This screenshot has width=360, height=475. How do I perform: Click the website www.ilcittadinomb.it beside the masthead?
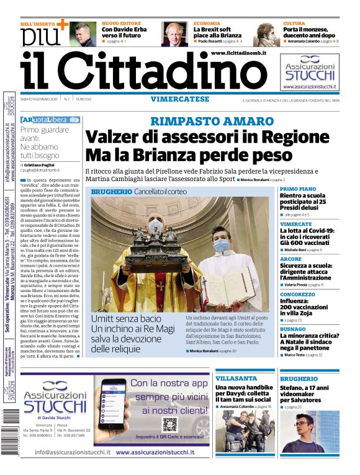[x=238, y=54]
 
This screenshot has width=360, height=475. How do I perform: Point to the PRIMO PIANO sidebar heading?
[x=297, y=189]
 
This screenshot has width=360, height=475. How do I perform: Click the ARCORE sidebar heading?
[x=290, y=259]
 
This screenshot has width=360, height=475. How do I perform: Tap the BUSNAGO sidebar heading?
[x=292, y=329]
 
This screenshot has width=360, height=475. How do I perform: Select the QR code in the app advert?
[x=170, y=425]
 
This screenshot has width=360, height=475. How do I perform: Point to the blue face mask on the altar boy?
[x=222, y=246]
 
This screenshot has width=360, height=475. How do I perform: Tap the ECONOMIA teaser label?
[x=206, y=23]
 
